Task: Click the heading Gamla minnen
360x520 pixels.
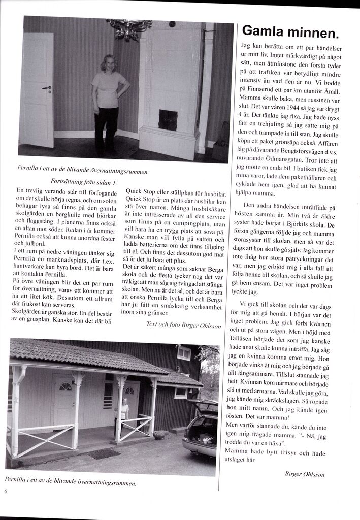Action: click(290, 32)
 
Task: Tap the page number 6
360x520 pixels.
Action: click(6, 491)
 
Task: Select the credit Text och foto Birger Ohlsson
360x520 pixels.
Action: click(183, 324)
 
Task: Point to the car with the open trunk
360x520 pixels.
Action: click(200, 428)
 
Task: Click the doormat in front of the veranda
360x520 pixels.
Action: click(105, 453)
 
